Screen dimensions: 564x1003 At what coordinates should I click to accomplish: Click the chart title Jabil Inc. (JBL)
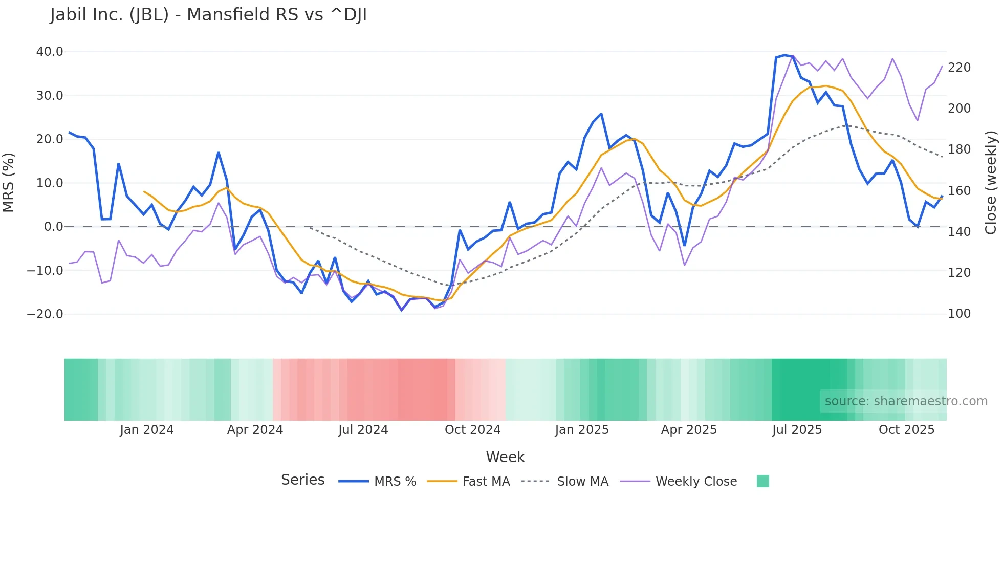[208, 15]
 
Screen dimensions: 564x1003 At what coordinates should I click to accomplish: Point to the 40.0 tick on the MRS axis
[50, 52]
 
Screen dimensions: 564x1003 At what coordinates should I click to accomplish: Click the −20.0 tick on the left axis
[45, 314]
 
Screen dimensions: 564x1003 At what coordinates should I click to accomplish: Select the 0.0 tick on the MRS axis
[53, 227]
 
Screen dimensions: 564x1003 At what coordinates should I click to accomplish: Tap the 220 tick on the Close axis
[959, 68]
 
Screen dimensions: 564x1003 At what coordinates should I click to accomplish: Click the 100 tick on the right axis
[959, 314]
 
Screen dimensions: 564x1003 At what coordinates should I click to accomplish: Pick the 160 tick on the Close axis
[959, 191]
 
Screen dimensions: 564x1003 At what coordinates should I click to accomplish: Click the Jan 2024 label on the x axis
[147, 430]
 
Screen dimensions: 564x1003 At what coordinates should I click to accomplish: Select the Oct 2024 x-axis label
[472, 430]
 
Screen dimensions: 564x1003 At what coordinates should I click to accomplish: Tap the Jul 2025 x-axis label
[797, 430]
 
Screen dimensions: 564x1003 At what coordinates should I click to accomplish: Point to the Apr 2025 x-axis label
[689, 430]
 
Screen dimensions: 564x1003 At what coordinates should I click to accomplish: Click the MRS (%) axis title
[9, 183]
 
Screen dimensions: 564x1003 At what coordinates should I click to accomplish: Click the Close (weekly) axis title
[991, 183]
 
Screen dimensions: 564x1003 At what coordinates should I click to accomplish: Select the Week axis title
[505, 457]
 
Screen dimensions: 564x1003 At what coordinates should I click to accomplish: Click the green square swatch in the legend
[762, 481]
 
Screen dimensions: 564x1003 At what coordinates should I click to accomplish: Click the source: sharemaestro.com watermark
[906, 401]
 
